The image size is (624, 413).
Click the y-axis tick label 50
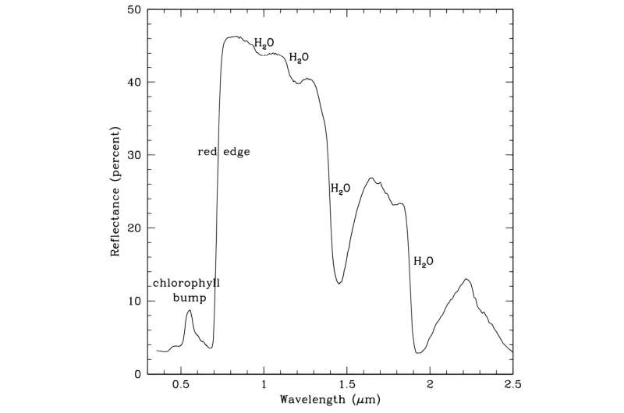click(x=135, y=10)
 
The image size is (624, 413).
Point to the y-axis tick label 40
click(x=135, y=83)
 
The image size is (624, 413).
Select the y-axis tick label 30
click(x=135, y=155)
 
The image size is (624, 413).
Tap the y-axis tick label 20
click(x=135, y=228)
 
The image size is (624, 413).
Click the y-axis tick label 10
click(x=135, y=301)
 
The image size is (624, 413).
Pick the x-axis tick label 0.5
click(x=181, y=385)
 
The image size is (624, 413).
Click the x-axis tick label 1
click(x=264, y=385)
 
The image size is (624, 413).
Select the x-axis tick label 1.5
click(x=347, y=385)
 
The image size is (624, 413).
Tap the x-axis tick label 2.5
click(x=512, y=385)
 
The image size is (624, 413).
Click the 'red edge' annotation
click(x=224, y=152)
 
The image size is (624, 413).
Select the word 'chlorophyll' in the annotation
click(x=186, y=283)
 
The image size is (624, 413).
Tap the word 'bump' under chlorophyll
click(x=186, y=297)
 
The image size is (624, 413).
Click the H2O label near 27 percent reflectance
click(x=341, y=189)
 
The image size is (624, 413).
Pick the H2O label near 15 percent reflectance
click(x=424, y=261)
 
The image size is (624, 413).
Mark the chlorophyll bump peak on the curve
click(x=190, y=310)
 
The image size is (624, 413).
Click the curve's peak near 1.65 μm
click(x=371, y=178)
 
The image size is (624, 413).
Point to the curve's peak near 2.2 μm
click(x=466, y=279)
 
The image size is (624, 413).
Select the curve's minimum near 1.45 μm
click(x=339, y=284)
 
